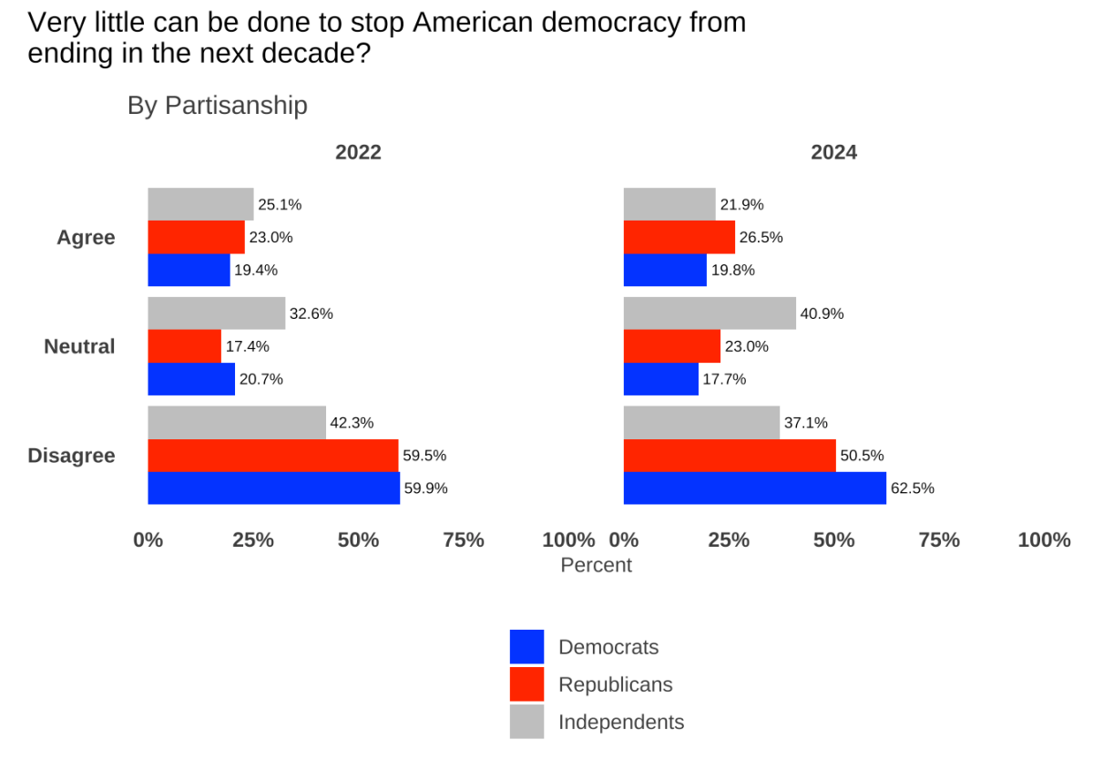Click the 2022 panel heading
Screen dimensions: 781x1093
coord(358,152)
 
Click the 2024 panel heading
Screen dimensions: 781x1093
coord(833,152)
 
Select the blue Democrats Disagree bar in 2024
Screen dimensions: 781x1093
coord(754,488)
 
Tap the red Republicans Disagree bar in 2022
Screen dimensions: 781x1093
coord(272,455)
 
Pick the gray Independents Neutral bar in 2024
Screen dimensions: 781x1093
coord(710,313)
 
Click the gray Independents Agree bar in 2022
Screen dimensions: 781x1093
coord(200,204)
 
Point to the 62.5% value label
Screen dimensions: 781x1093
coord(912,488)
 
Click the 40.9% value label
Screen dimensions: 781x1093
coord(822,313)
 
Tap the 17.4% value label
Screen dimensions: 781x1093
coord(247,346)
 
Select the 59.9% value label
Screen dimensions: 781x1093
coord(425,488)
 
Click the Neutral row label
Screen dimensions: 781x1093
coord(80,346)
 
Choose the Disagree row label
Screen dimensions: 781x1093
coord(72,456)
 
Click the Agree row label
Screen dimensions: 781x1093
coord(86,238)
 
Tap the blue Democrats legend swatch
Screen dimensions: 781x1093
coord(526,647)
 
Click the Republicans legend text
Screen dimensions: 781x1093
coord(615,684)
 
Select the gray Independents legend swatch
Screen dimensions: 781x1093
coord(526,722)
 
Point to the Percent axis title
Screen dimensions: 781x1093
coord(596,565)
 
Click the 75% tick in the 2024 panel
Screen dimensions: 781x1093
coord(939,540)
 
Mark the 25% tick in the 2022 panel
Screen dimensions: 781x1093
coord(253,540)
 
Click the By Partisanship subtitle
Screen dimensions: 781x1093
coord(217,106)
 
